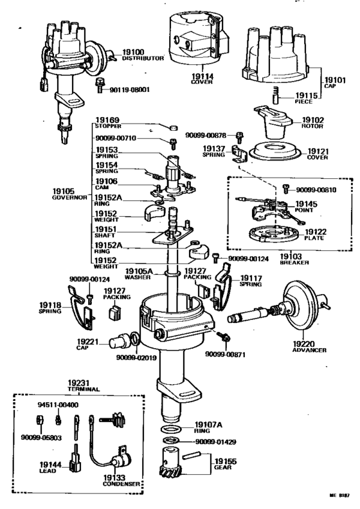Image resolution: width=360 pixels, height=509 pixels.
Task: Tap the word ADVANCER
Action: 309,350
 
